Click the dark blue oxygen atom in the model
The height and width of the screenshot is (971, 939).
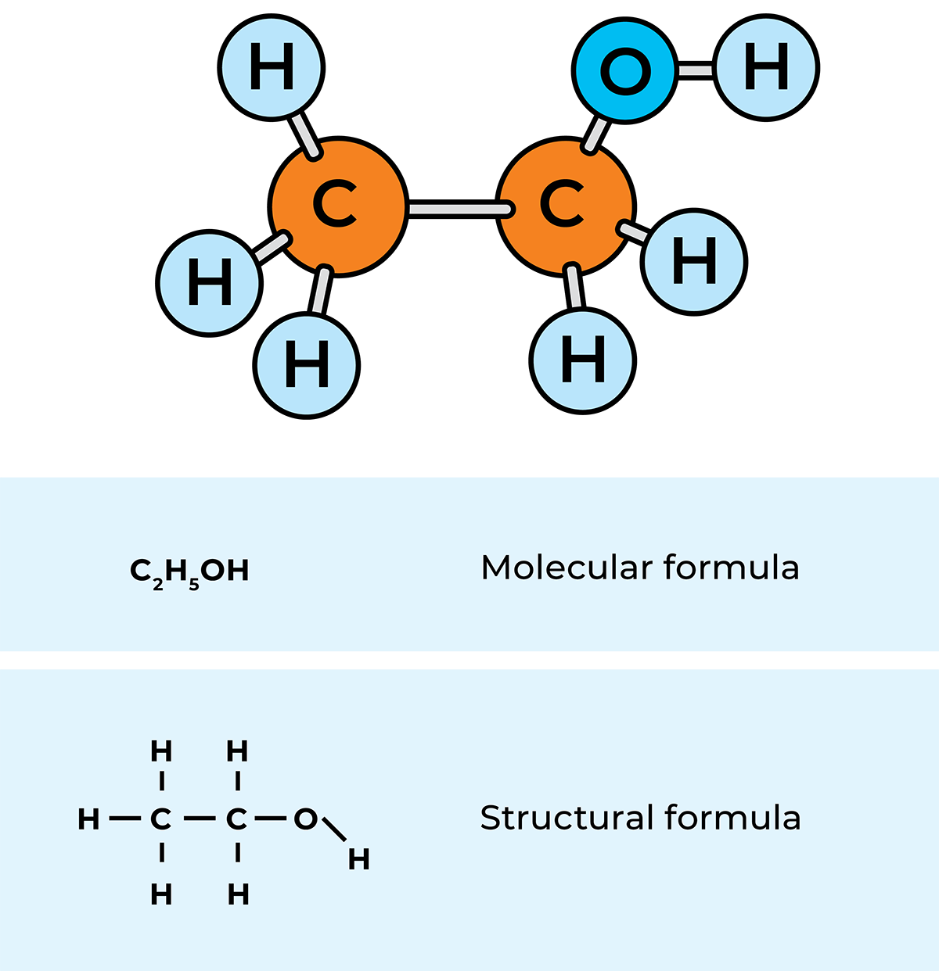[x=624, y=70]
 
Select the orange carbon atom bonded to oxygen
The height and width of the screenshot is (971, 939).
[x=565, y=206]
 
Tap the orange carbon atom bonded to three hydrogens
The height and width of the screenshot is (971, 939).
[x=338, y=206]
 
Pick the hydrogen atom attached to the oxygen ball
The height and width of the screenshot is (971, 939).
[x=765, y=68]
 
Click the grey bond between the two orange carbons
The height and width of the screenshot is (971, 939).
[x=459, y=209]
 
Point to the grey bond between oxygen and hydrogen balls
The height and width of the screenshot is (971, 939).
[x=695, y=70]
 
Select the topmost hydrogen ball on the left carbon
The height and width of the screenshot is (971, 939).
[x=272, y=68]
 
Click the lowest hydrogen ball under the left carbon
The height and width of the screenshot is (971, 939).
[x=307, y=365]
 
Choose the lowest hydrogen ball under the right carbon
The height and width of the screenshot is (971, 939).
[x=582, y=360]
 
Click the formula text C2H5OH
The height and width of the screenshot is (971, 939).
[x=189, y=571]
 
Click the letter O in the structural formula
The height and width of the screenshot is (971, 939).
[x=305, y=819]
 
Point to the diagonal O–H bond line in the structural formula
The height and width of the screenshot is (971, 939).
[x=333, y=829]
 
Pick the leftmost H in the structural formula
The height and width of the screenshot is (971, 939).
[x=88, y=819]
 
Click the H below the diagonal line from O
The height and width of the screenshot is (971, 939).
[x=358, y=860]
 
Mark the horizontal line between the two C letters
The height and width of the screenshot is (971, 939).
[x=199, y=819]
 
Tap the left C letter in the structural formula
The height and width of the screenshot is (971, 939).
[x=160, y=819]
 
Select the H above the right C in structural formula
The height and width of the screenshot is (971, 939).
[x=237, y=751]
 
